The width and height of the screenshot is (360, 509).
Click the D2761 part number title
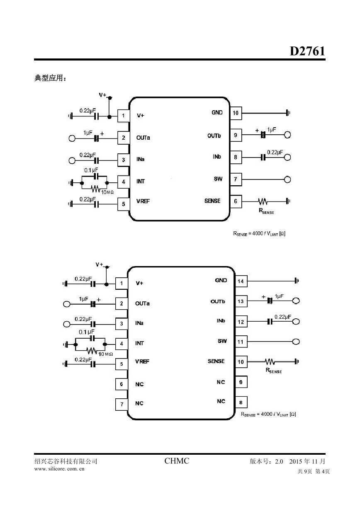click(x=307, y=51)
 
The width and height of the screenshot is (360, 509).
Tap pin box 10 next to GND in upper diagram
click(x=236, y=113)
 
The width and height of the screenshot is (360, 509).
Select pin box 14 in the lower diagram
click(x=241, y=281)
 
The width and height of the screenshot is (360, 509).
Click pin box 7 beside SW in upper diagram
click(x=236, y=179)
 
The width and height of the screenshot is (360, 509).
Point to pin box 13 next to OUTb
click(x=241, y=301)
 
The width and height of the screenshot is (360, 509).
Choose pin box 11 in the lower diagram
click(x=241, y=342)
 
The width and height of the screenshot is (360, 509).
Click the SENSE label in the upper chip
click(x=212, y=201)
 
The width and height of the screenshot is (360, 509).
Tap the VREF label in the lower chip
click(x=142, y=362)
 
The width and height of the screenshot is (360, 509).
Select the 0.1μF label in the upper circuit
click(x=91, y=170)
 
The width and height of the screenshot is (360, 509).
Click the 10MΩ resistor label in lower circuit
click(x=105, y=354)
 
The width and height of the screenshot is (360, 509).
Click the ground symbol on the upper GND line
click(x=288, y=113)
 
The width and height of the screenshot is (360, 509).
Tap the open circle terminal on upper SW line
click(x=287, y=179)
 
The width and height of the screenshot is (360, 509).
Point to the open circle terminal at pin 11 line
click(x=296, y=342)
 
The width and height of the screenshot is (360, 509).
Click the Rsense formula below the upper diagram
click(x=259, y=234)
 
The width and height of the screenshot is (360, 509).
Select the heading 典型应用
click(x=50, y=78)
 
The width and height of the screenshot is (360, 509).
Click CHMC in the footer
click(x=177, y=461)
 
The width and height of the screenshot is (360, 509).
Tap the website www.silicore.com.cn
click(x=59, y=469)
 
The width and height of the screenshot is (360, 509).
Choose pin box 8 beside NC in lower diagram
click(x=241, y=402)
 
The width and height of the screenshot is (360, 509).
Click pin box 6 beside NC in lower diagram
click(x=122, y=384)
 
